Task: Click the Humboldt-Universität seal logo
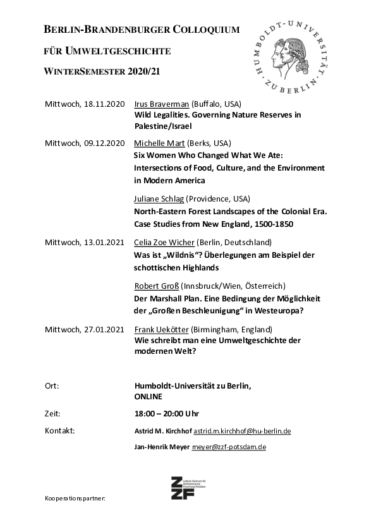click(x=291, y=55)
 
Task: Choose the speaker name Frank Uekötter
click(x=161, y=330)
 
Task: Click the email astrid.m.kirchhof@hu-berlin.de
click(x=242, y=431)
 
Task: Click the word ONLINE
click(x=149, y=397)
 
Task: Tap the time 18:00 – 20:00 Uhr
click(x=167, y=414)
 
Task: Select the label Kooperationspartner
click(x=75, y=499)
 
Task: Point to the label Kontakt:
click(x=60, y=431)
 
